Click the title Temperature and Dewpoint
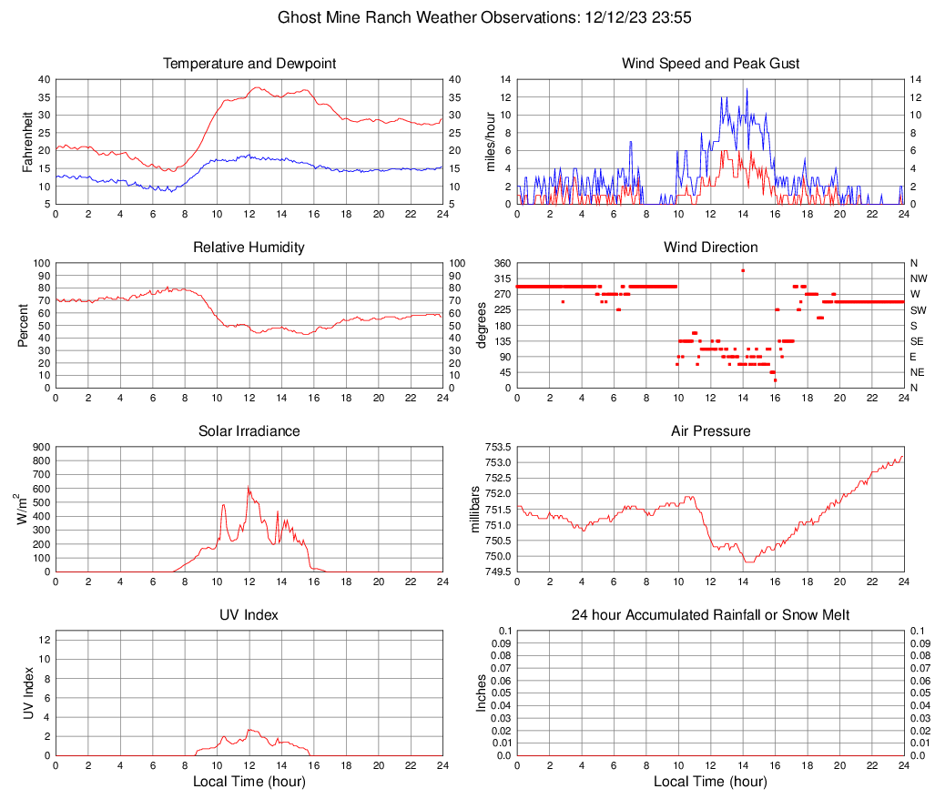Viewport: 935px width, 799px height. click(x=249, y=64)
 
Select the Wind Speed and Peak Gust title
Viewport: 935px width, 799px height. click(x=710, y=64)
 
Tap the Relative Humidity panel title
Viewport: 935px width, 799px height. click(x=249, y=248)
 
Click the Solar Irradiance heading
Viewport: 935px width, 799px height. click(x=249, y=431)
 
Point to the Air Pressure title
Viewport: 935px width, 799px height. click(x=710, y=431)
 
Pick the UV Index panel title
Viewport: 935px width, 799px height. click(x=249, y=615)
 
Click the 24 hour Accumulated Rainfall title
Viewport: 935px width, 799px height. click(x=710, y=615)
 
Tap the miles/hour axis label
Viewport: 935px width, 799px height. click(x=491, y=141)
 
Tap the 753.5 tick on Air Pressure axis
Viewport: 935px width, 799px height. click(x=497, y=447)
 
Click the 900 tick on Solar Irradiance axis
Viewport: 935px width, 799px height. click(x=40, y=447)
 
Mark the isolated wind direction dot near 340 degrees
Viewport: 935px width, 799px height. click(x=743, y=270)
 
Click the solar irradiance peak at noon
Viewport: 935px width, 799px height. click(x=249, y=487)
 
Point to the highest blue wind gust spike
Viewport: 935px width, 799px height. click(x=747, y=88)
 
